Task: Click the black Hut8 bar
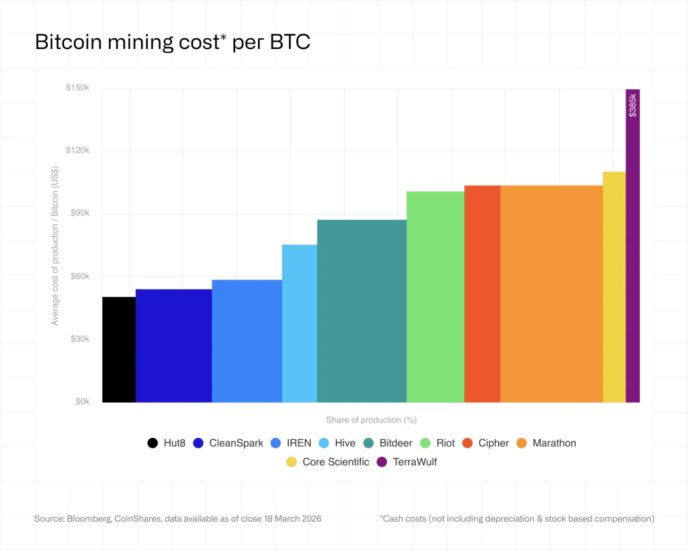click(118, 349)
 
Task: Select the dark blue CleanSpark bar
click(173, 346)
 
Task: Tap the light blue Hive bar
click(299, 323)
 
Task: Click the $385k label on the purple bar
click(632, 105)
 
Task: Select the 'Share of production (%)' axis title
click(371, 420)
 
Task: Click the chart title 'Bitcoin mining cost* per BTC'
click(172, 42)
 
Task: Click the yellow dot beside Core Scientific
click(291, 462)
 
